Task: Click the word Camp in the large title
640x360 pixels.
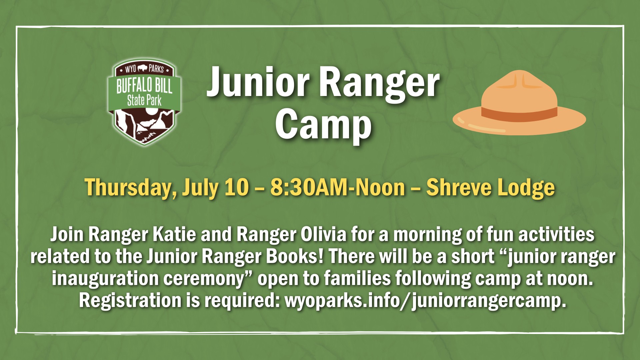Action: pos(323,125)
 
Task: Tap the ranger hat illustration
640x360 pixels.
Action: pos(519,103)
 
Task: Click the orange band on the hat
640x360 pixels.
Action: pos(519,113)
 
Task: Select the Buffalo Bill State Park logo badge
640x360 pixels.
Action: pos(144,102)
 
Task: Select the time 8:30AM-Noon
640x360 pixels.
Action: pos(337,187)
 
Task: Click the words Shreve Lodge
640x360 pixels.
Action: pos(491,188)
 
